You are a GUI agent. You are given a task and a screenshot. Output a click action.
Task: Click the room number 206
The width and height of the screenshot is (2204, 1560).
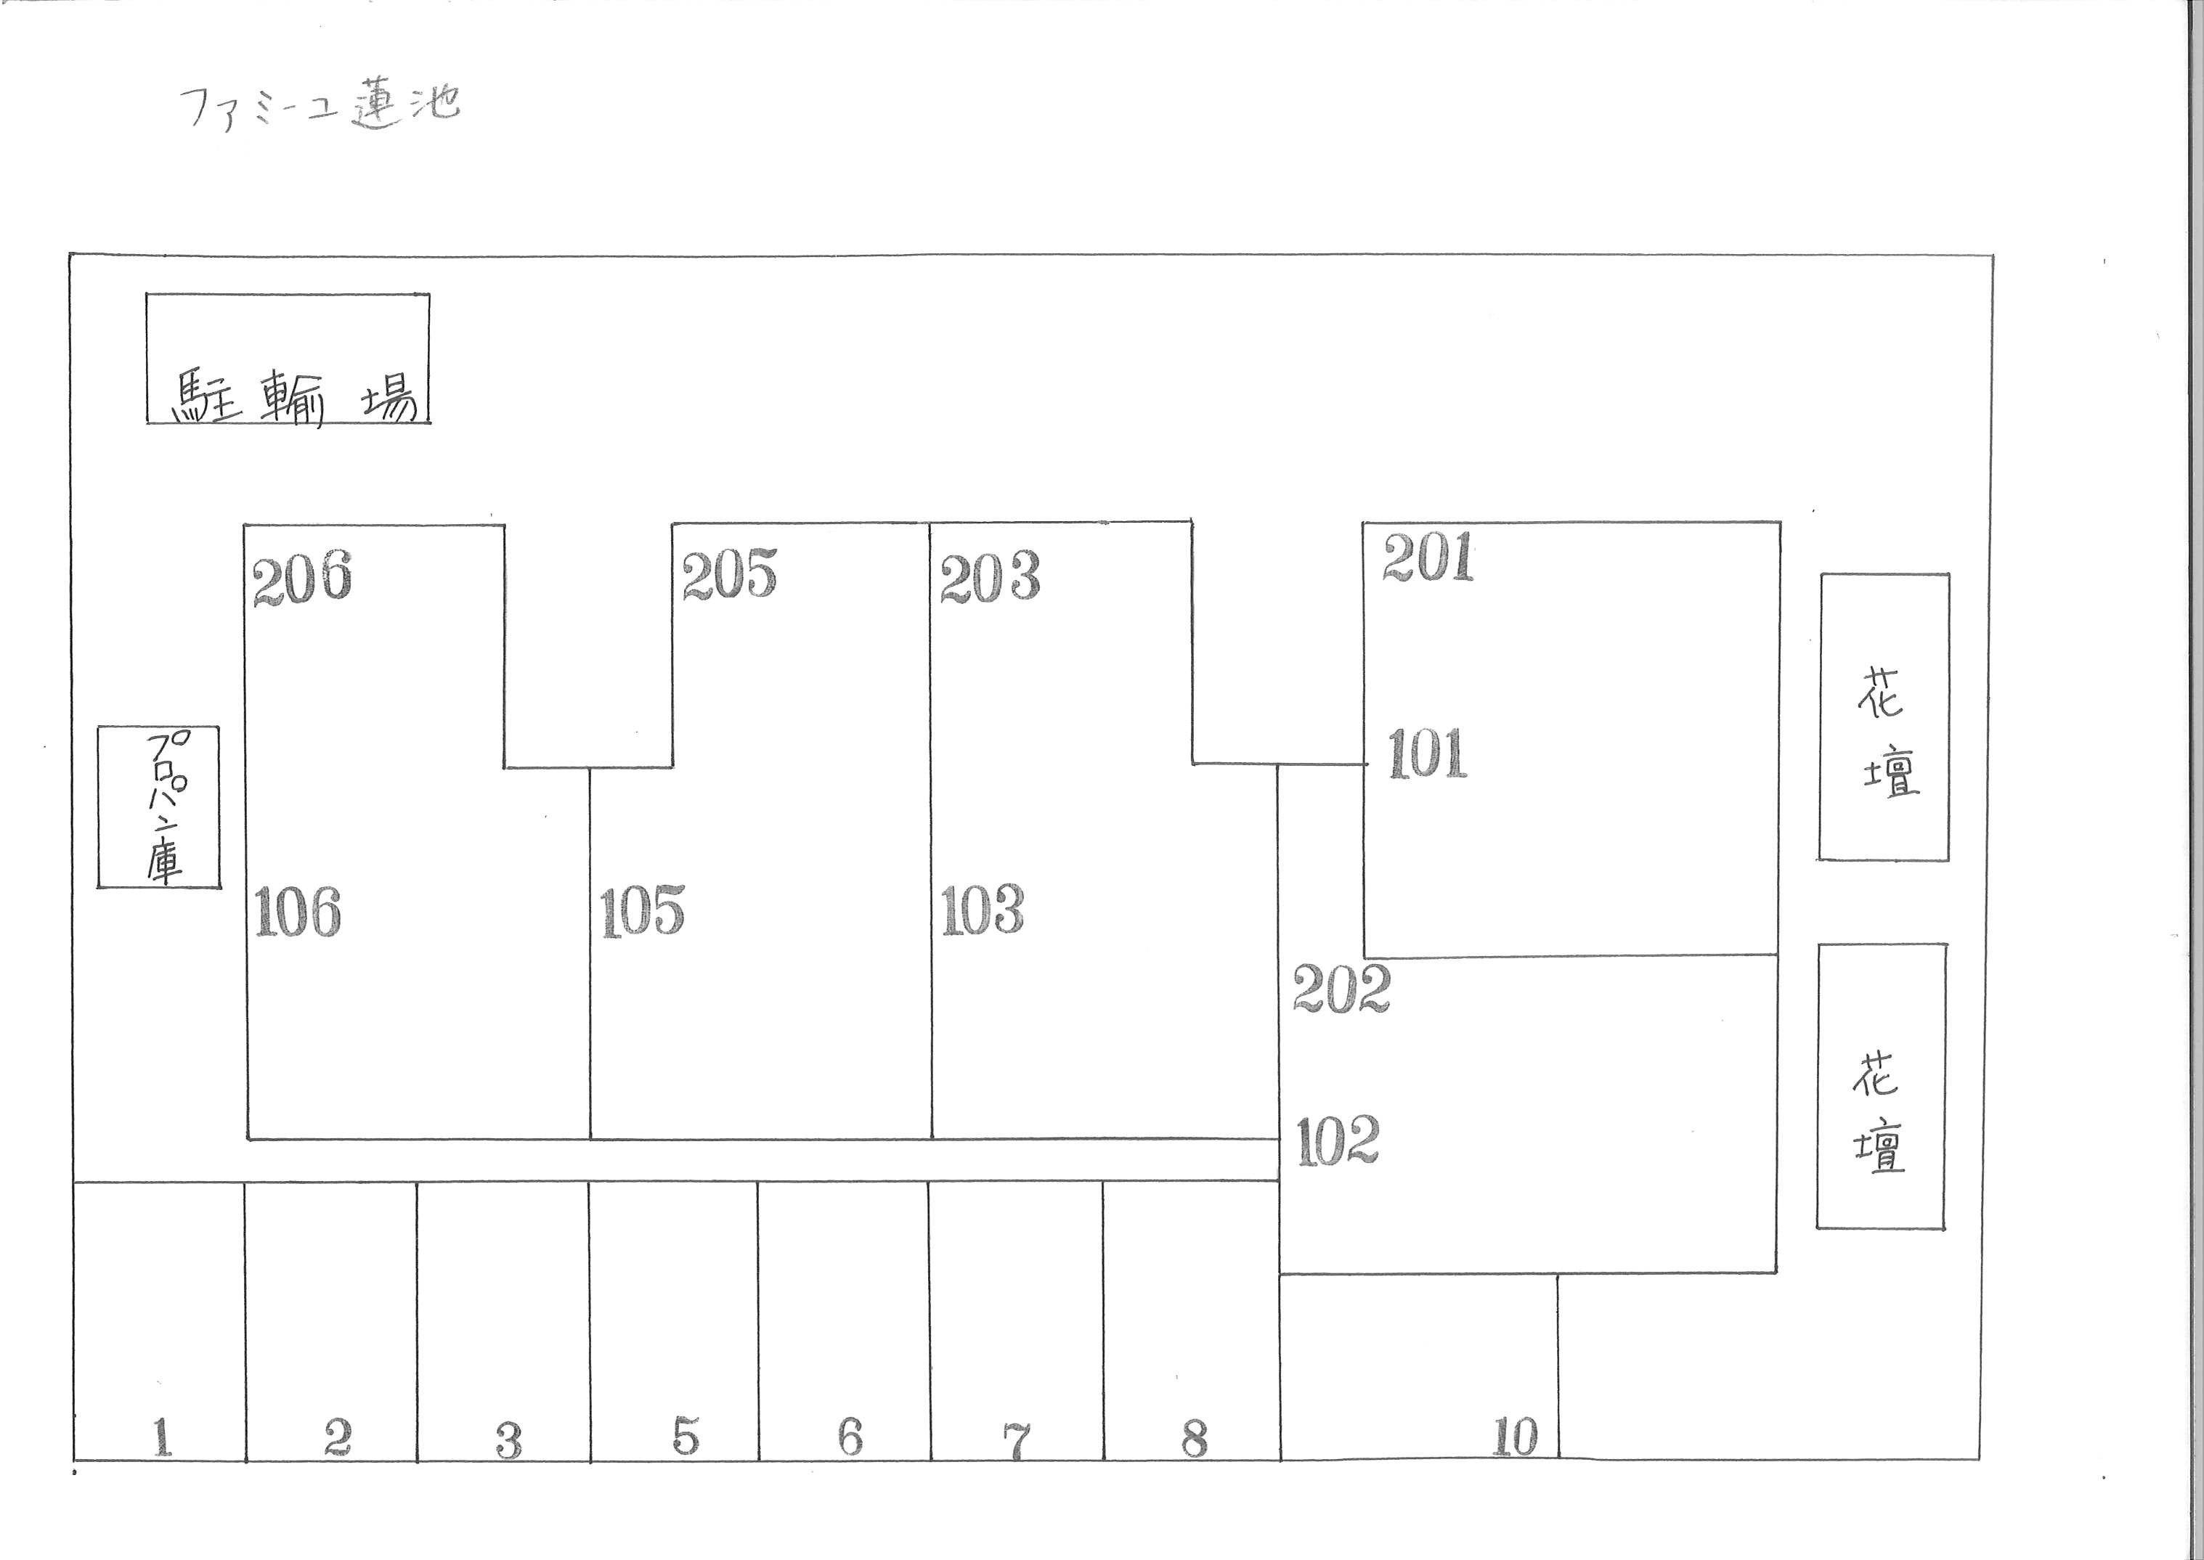pos(301,579)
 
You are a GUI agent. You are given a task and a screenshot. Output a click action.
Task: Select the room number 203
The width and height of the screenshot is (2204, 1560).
pos(990,577)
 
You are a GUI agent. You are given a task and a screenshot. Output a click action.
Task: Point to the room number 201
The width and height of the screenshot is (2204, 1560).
pos(1428,558)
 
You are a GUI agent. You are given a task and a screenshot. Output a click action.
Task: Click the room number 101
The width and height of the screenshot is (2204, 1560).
pos(1428,754)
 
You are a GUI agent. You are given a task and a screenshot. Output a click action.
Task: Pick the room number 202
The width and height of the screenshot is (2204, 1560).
pos(1341,989)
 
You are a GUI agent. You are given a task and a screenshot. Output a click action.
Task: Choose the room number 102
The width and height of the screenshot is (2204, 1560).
pos(1338,1141)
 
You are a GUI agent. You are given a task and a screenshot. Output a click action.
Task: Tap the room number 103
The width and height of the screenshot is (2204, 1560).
pos(982,910)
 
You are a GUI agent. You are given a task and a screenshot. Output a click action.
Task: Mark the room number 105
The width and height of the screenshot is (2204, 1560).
pos(642,910)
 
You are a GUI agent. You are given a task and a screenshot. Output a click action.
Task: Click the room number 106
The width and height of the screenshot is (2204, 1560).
pos(298,912)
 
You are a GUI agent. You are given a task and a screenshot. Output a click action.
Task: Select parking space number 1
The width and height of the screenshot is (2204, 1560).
pos(161,1437)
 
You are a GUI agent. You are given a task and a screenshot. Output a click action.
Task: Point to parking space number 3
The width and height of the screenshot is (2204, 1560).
pos(508,1440)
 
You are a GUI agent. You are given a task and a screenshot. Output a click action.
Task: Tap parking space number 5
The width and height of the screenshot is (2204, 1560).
pos(685,1436)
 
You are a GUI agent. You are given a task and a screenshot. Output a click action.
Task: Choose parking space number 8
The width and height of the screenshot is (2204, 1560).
pos(1195,1439)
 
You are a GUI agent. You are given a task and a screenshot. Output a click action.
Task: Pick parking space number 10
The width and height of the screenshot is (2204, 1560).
pos(1515,1438)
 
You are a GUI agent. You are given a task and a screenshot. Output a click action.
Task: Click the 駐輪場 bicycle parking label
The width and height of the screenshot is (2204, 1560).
pos(293,399)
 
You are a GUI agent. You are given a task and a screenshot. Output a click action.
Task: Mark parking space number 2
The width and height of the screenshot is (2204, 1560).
pos(337,1437)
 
